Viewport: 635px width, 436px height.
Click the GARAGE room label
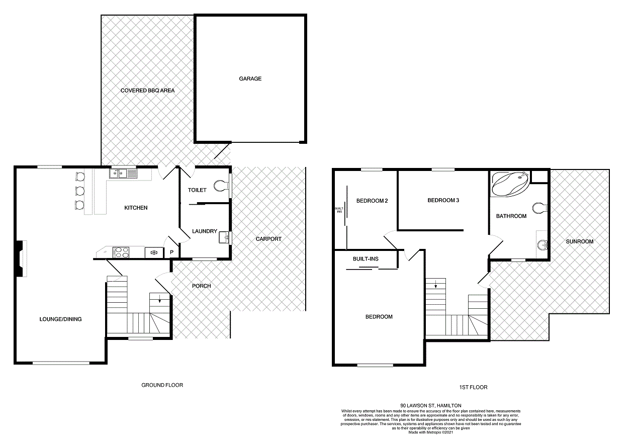click(250, 78)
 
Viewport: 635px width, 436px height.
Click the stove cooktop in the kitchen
click(122, 252)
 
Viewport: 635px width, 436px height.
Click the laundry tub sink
click(224, 237)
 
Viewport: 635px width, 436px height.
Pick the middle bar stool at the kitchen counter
click(79, 191)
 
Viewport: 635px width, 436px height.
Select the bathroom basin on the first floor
click(542, 245)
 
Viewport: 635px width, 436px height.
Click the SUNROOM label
click(579, 241)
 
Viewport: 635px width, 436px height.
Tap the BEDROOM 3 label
click(443, 200)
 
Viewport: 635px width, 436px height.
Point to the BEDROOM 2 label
click(372, 201)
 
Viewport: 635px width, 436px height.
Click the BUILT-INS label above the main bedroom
click(366, 258)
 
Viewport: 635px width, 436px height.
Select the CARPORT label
click(268, 239)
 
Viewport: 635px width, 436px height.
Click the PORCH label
click(202, 286)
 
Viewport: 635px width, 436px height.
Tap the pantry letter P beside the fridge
click(171, 252)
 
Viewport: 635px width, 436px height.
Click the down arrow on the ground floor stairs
click(159, 300)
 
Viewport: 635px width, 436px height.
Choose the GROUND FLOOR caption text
click(162, 385)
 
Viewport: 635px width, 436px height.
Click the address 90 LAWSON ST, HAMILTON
click(430, 405)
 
